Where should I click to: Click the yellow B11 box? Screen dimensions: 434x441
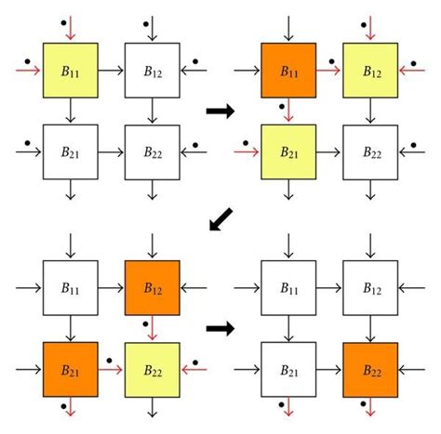tap(70, 69)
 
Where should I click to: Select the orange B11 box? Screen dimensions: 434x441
tap(288, 69)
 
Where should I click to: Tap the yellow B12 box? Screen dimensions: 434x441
tap(370, 69)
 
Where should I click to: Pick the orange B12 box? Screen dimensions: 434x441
tap(152, 288)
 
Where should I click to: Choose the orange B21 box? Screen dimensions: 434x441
tap(70, 369)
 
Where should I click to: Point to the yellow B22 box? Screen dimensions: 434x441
tap(152, 369)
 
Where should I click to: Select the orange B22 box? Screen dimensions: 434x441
tap(370, 369)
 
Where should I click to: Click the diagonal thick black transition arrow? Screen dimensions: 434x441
tap(221, 219)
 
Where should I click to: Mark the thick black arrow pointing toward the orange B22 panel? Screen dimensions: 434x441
tap(220, 328)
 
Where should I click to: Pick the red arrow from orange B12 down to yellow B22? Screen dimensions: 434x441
tap(152, 329)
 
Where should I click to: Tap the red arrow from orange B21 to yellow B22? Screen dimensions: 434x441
tap(111, 369)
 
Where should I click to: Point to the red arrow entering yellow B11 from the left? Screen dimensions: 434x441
tap(28, 69)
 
